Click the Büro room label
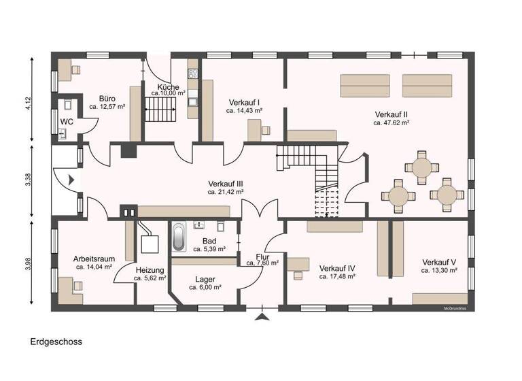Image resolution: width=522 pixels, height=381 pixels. click(x=107, y=97)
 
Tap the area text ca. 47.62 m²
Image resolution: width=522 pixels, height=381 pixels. click(x=391, y=123)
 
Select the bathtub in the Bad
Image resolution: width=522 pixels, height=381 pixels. click(x=179, y=237)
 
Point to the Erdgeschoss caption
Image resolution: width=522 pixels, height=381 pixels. click(x=56, y=342)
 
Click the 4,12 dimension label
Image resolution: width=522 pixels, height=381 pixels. click(x=28, y=103)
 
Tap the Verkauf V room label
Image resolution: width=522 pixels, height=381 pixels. click(x=439, y=262)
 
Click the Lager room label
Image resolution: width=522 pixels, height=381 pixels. click(x=205, y=279)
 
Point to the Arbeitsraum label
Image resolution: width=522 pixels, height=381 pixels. click(x=94, y=259)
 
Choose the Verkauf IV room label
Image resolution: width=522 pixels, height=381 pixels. click(x=337, y=267)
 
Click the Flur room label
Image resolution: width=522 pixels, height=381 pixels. click(x=262, y=256)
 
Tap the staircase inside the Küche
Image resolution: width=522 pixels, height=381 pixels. click(x=160, y=109)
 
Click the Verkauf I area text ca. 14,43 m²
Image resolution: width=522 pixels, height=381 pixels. click(x=245, y=110)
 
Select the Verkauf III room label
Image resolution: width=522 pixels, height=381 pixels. click(x=226, y=184)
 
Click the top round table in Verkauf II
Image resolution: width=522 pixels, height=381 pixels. click(x=422, y=166)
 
